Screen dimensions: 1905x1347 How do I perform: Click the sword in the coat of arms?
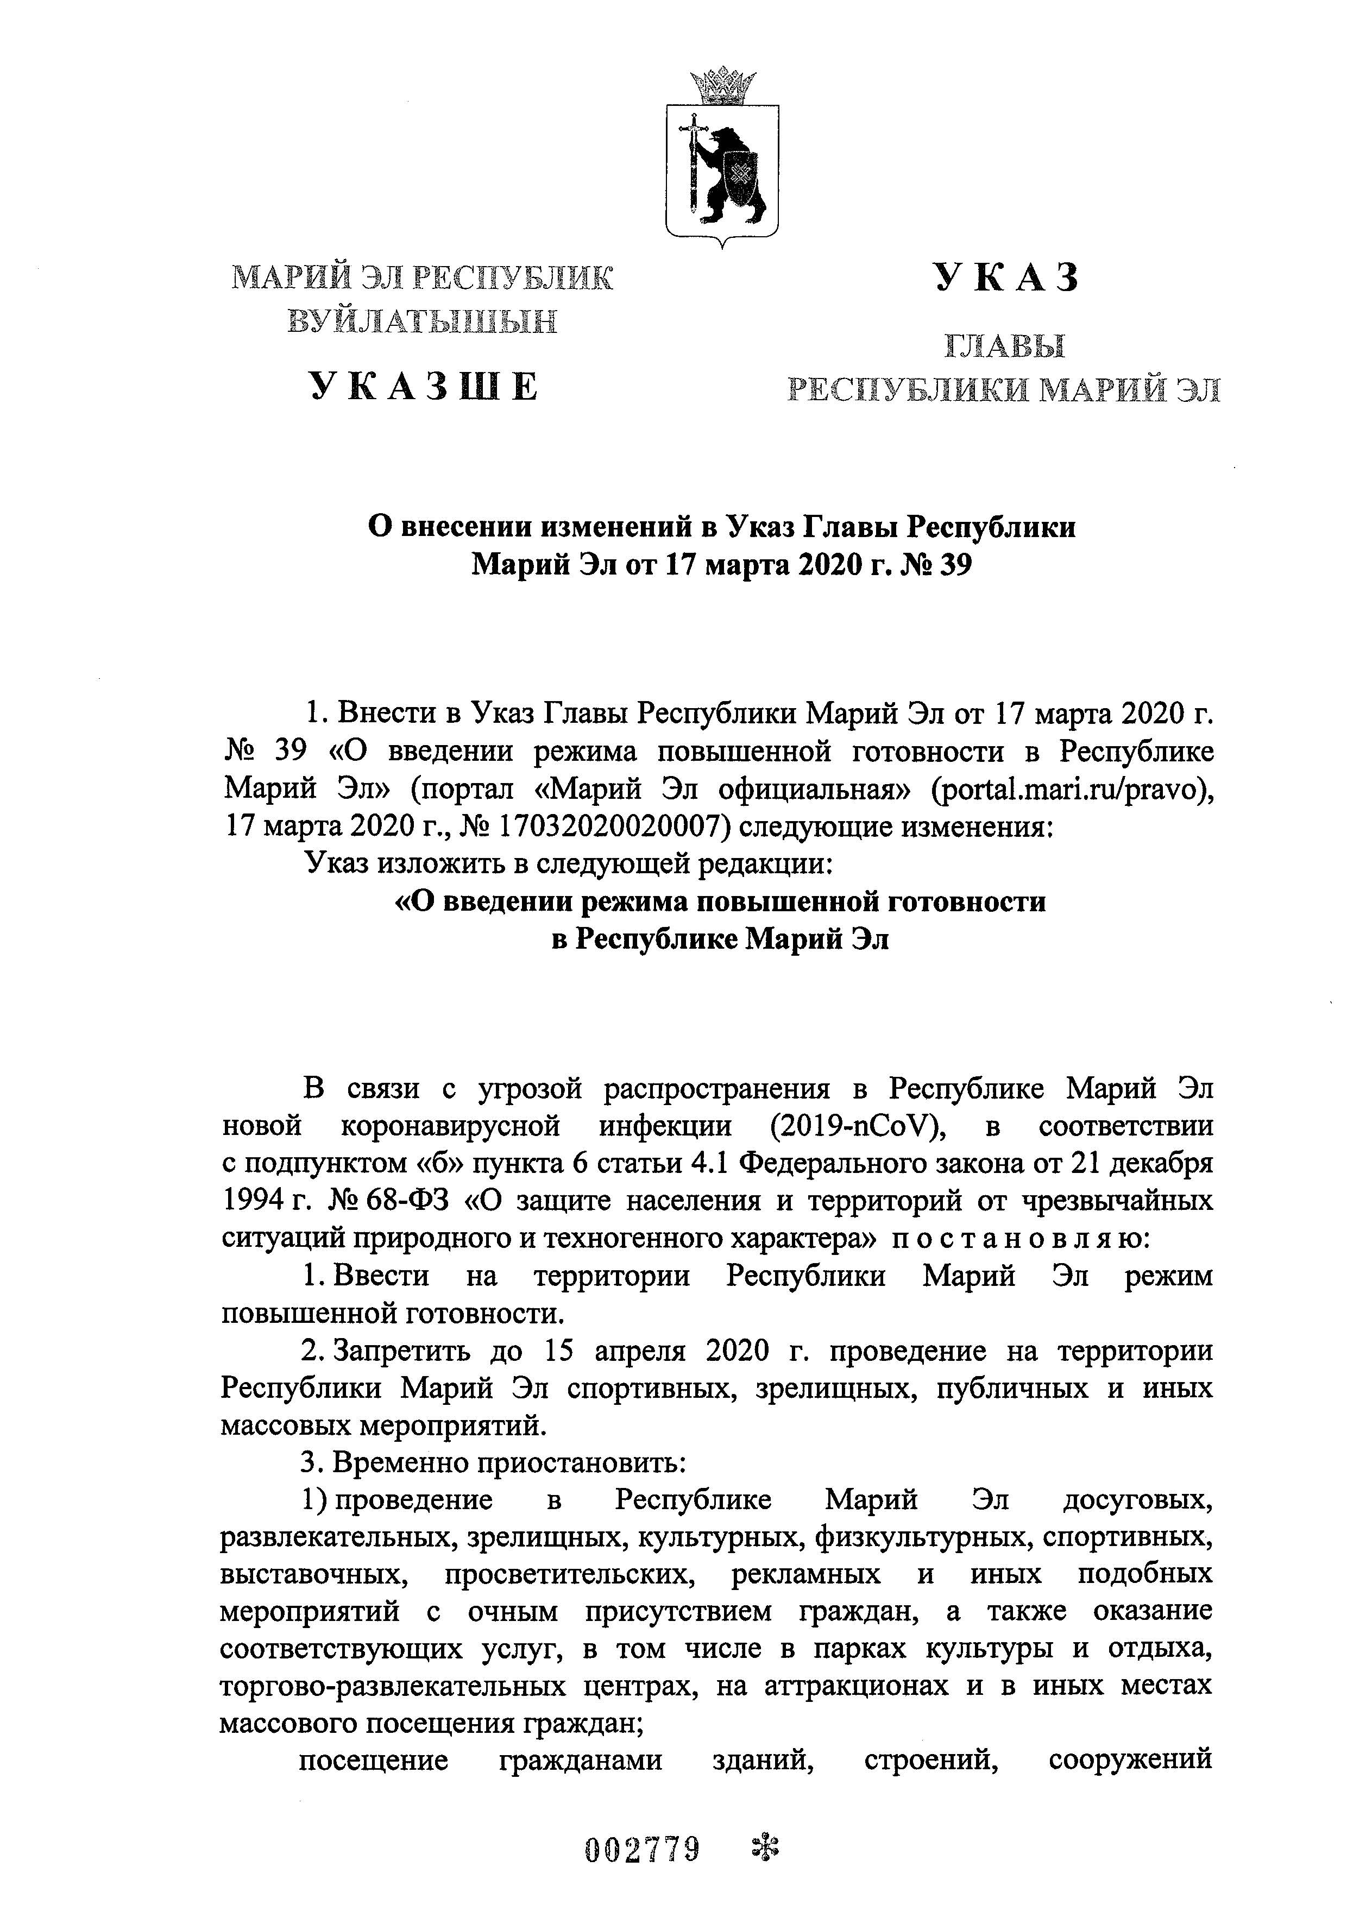tap(690, 166)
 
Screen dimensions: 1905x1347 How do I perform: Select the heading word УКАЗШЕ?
tap(424, 388)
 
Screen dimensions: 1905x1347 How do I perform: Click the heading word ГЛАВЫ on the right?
tap(1004, 345)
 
